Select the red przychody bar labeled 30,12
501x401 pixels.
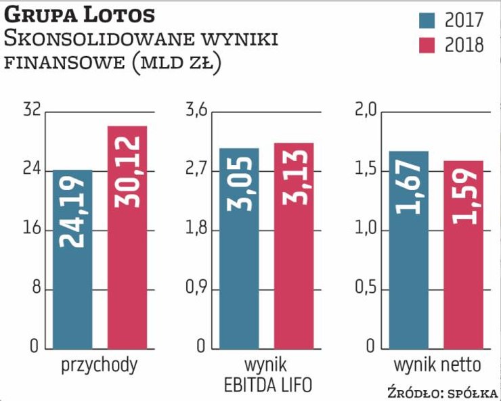click(127, 237)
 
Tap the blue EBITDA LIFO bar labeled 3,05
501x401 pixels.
click(239, 248)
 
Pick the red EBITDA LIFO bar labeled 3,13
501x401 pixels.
click(294, 245)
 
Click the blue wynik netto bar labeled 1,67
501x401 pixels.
click(408, 250)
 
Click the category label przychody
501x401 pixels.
click(100, 365)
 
